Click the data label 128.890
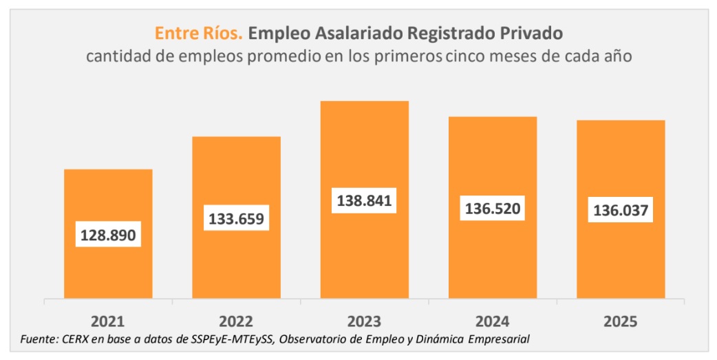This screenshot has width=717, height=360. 108,235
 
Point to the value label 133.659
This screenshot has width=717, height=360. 236,219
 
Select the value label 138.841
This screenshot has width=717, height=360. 364,201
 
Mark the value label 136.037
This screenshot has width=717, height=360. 621,211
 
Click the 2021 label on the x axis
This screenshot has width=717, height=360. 108,321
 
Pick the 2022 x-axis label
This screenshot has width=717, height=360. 236,321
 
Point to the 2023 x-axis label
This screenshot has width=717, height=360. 364,321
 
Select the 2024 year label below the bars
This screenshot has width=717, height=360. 493,321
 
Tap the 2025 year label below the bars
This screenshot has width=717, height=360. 621,321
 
